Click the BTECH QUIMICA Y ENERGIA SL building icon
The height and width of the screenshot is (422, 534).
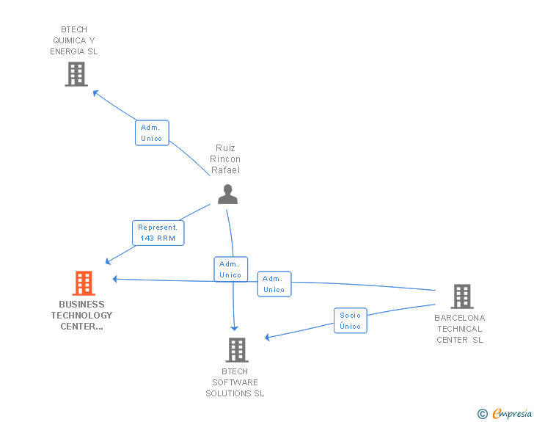click(x=76, y=74)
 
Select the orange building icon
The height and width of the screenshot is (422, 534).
click(x=84, y=283)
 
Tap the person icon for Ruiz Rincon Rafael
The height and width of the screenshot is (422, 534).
click(x=227, y=194)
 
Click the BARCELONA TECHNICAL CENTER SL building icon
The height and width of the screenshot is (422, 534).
click(x=461, y=297)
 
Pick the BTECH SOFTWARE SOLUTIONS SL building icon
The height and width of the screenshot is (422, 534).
click(x=236, y=350)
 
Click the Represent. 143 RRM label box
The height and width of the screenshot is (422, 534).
click(x=158, y=233)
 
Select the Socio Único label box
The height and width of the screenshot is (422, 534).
click(x=351, y=321)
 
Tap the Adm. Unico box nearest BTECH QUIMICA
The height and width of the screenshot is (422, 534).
click(x=152, y=133)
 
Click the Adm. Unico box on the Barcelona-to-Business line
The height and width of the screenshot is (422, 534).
click(x=274, y=284)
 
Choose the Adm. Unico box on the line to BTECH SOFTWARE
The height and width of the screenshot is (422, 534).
click(x=230, y=269)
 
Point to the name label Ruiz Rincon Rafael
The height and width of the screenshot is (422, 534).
click(x=225, y=159)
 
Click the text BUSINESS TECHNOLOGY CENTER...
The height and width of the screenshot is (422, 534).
click(x=81, y=315)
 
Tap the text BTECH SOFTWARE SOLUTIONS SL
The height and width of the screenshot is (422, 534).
click(x=235, y=382)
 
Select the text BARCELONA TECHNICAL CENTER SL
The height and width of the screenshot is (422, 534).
click(x=460, y=329)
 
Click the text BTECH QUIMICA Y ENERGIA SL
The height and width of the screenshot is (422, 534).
click(x=73, y=40)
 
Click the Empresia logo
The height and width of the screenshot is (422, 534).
click(x=512, y=414)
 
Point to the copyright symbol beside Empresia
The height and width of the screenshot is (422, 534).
click(x=482, y=415)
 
